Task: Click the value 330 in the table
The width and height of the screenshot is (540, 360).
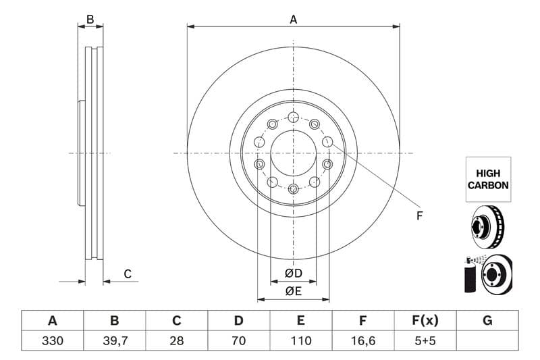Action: (52, 341)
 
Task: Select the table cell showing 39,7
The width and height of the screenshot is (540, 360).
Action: (114, 341)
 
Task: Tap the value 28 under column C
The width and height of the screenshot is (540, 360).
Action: (177, 341)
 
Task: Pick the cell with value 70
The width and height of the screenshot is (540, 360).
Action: (239, 341)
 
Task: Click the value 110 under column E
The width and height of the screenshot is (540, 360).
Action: (301, 341)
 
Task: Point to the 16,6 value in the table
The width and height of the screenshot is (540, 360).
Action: (363, 341)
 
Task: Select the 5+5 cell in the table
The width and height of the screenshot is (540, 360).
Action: (425, 341)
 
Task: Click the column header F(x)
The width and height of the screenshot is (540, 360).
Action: (425, 321)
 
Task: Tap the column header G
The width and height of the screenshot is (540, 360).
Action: (487, 321)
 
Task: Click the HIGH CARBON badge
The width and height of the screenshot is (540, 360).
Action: (487, 179)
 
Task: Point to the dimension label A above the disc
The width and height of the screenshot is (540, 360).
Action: (294, 20)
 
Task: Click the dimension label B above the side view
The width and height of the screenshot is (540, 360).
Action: (90, 20)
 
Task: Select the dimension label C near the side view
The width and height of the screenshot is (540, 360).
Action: (127, 274)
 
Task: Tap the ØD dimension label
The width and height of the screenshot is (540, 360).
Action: (293, 273)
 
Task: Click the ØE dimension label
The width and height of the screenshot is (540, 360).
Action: (293, 291)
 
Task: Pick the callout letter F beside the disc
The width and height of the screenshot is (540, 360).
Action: (418, 215)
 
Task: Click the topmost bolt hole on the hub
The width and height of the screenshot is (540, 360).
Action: (293, 117)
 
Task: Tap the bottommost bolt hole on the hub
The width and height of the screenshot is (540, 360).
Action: (293, 188)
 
